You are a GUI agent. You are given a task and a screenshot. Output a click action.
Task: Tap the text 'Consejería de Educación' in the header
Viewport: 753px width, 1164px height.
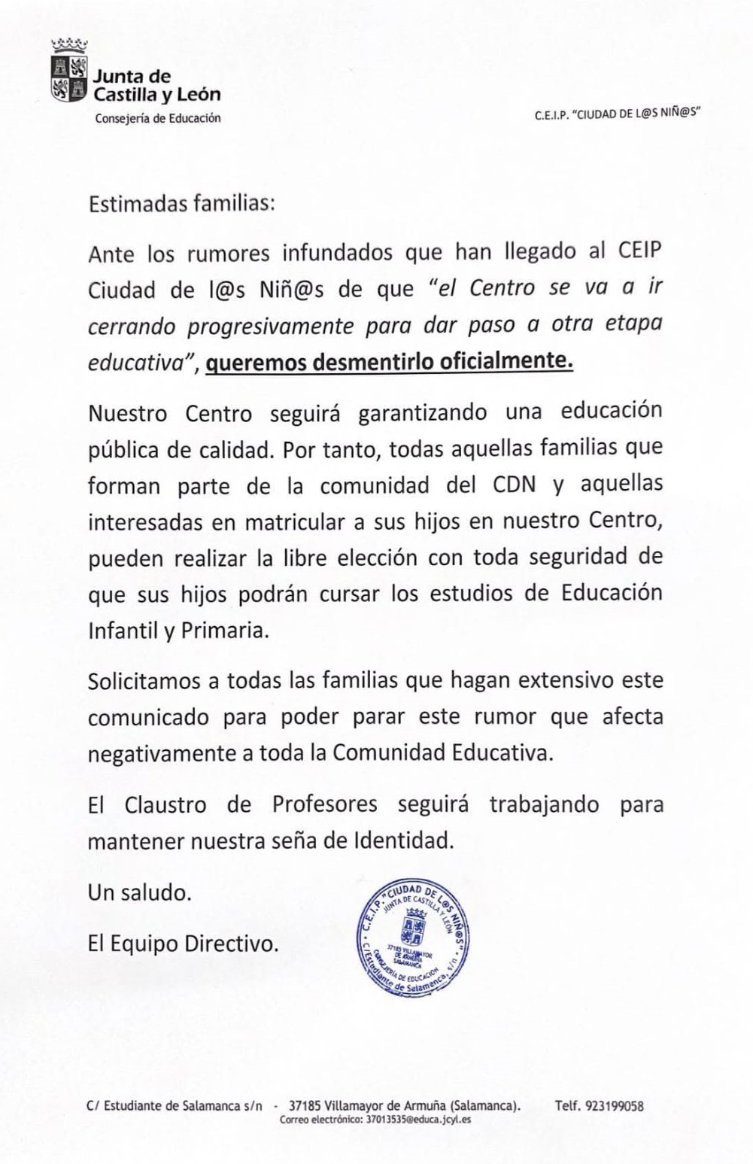[158, 118]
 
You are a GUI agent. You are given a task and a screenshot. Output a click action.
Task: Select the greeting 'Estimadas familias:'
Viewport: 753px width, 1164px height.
[181, 205]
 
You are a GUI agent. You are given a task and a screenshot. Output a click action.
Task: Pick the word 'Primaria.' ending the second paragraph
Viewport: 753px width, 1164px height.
[225, 631]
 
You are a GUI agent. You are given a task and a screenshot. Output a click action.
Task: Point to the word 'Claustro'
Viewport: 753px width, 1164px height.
[165, 804]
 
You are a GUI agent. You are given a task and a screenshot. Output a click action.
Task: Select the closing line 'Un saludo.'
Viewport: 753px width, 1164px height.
[140, 892]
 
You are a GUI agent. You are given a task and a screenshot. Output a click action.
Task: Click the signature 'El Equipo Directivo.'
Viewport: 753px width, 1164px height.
[183, 943]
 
